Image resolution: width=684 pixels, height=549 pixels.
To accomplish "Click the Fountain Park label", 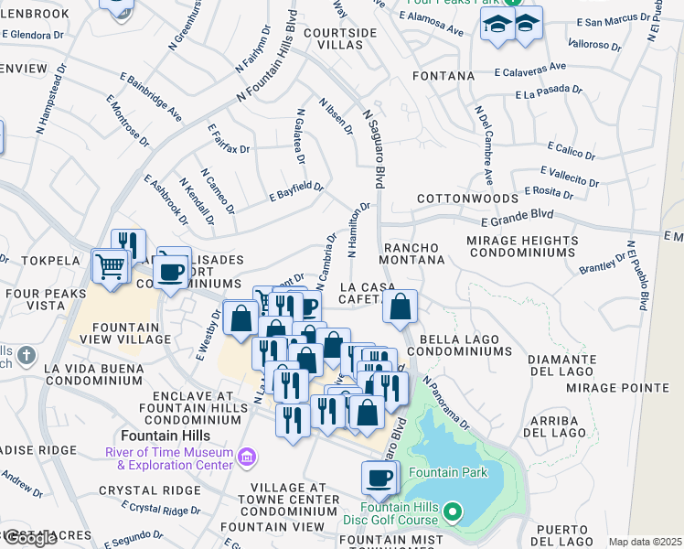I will point(448,472).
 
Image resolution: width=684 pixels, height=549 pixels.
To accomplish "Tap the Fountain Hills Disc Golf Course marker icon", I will point(453,512).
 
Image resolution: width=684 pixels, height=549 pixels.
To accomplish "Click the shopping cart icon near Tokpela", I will point(111,267).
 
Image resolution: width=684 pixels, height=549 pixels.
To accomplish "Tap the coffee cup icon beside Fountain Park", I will point(379,477).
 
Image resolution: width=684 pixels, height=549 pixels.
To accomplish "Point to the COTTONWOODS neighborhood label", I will point(455,199).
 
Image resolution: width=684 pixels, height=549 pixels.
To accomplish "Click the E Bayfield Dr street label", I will point(296,191).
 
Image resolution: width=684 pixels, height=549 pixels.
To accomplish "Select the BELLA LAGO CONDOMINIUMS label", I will point(465,345).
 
